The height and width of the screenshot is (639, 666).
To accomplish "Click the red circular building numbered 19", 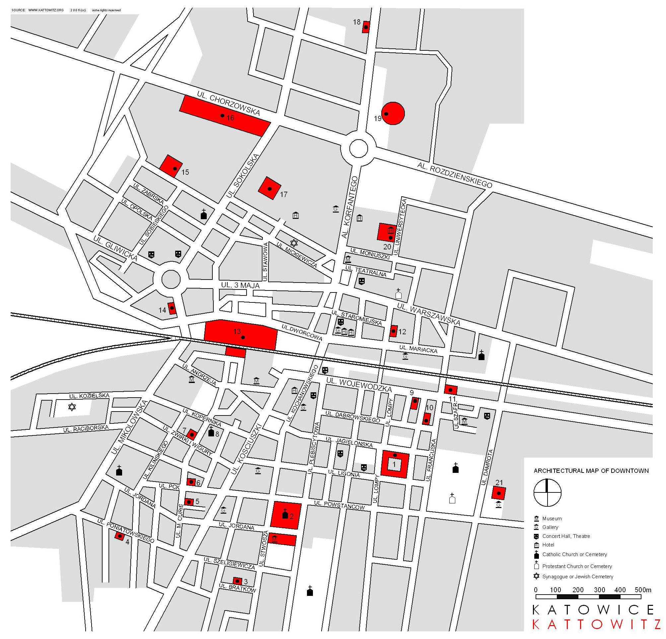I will pyautogui.click(x=393, y=113).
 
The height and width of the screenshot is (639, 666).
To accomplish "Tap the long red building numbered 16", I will pyautogui.click(x=225, y=116).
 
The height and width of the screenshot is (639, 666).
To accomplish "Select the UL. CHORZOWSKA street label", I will pyautogui.click(x=228, y=103).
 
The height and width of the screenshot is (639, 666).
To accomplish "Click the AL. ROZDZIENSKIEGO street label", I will pyautogui.click(x=455, y=175).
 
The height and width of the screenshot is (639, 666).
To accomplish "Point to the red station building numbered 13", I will pyautogui.click(x=241, y=335).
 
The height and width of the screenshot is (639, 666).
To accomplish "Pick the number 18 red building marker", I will pyautogui.click(x=366, y=27).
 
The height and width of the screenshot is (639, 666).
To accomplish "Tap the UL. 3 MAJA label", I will pyautogui.click(x=240, y=285).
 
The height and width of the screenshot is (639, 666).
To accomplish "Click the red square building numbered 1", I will pyautogui.click(x=394, y=464).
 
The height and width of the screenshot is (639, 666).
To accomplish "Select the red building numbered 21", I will pyautogui.click(x=498, y=493).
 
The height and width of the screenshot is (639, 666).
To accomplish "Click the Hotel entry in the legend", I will pyautogui.click(x=548, y=544).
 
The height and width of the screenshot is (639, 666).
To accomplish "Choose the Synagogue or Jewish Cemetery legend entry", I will pyautogui.click(x=577, y=577).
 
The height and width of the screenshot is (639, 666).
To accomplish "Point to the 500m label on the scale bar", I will pyautogui.click(x=642, y=590).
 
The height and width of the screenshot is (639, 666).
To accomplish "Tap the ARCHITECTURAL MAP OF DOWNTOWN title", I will pyautogui.click(x=591, y=471).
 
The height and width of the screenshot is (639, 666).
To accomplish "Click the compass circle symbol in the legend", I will pyautogui.click(x=547, y=492).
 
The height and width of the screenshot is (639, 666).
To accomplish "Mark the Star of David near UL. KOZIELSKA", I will pyautogui.click(x=72, y=407).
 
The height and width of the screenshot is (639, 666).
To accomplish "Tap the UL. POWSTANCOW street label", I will pyautogui.click(x=339, y=505).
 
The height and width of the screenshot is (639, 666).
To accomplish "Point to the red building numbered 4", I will pyautogui.click(x=119, y=536).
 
